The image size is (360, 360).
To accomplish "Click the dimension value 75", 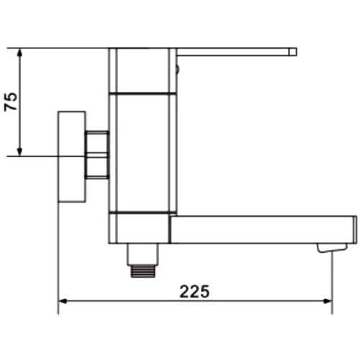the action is pos(11,102).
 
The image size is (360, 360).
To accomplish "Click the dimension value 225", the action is pos(194,292).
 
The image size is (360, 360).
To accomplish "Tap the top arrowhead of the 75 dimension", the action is pos(19,53).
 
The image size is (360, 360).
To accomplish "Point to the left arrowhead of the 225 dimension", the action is pos(63,301).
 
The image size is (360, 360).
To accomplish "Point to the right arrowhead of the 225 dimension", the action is pos(328,301).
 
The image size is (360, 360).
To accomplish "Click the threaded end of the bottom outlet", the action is pos(143,271).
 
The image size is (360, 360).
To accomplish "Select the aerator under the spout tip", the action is pos(332,248).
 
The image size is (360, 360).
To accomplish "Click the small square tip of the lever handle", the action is pos(293,52).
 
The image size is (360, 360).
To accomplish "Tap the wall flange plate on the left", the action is pos(72,157).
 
